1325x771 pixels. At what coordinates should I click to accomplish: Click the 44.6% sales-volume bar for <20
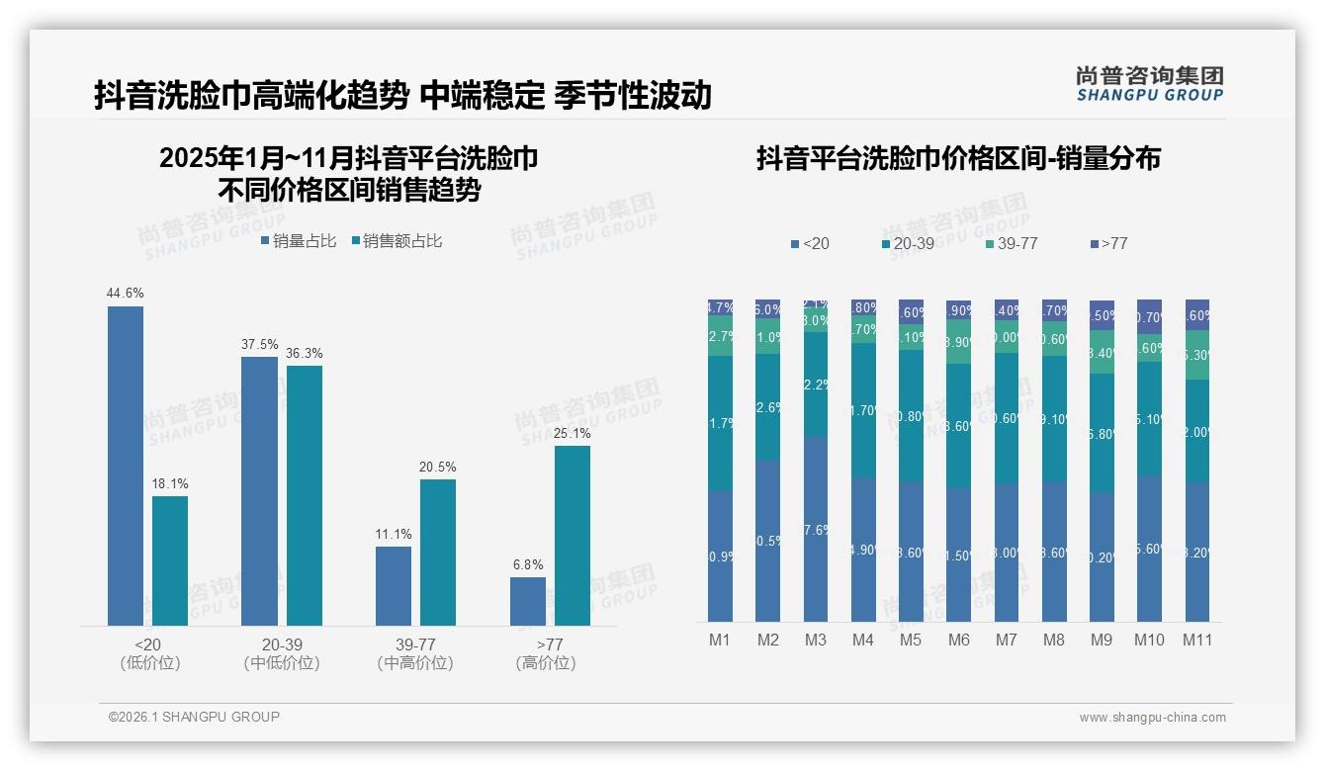(126, 466)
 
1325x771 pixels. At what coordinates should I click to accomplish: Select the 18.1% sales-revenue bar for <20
(170, 560)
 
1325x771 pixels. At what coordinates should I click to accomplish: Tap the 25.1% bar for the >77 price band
(573, 536)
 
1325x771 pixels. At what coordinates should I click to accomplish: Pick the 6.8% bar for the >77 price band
(528, 601)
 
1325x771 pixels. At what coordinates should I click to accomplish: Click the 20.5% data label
(438, 467)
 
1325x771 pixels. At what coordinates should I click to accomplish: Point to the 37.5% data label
(259, 344)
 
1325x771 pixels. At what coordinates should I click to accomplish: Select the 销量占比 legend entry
(299, 241)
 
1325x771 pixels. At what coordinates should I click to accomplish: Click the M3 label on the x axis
(816, 640)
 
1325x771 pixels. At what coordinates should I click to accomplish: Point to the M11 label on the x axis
(1197, 640)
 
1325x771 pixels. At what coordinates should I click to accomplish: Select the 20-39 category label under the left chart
(282, 644)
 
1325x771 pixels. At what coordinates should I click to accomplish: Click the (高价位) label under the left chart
(546, 663)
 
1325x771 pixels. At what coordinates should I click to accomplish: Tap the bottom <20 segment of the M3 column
(816, 529)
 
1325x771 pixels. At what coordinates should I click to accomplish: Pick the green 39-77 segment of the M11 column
(1197, 355)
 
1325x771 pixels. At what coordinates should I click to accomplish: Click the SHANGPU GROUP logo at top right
(1149, 84)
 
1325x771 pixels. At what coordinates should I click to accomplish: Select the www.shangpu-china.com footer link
(1152, 718)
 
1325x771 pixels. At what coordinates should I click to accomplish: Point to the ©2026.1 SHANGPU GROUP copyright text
(194, 717)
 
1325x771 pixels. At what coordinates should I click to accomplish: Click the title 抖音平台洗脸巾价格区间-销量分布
(958, 158)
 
